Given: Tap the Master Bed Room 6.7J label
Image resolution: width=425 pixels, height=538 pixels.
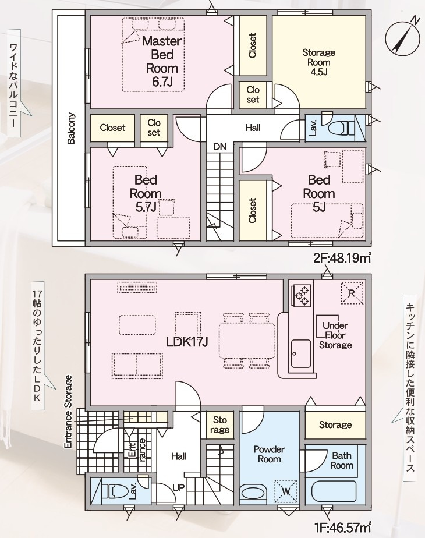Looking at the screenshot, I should tap(162, 61).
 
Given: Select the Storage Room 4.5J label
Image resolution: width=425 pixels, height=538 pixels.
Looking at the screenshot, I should tap(318, 62).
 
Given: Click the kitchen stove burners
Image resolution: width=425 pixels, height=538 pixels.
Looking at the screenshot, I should tap(302, 294).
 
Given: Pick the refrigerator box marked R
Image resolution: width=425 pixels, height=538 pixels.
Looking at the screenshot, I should tap(351, 292).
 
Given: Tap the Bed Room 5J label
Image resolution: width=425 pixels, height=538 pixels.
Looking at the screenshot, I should tap(318, 193).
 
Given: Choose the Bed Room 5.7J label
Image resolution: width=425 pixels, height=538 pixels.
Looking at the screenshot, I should tap(146, 193).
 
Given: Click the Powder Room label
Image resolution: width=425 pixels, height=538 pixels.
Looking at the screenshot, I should tap(269, 454).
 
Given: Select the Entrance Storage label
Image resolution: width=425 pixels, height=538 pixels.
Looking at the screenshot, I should tap(68, 412).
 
